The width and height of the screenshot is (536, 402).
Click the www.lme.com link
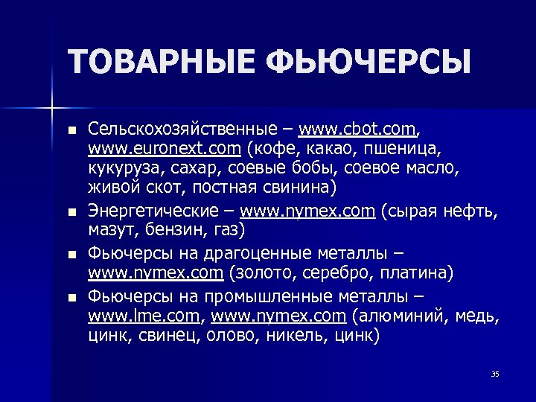pos(144,317)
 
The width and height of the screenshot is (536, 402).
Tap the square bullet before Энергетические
pos(71,212)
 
